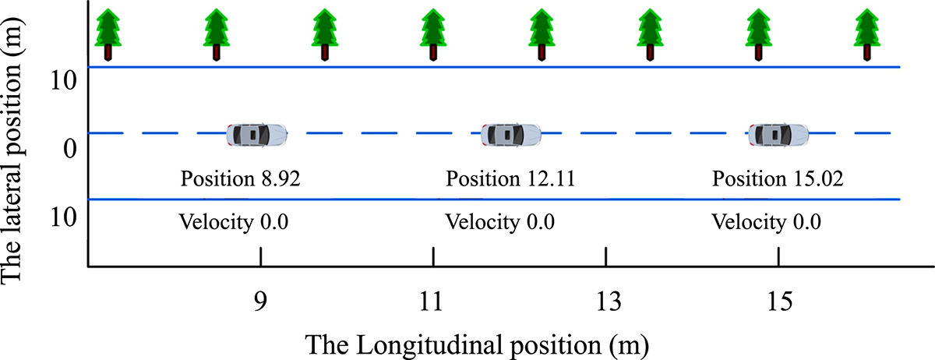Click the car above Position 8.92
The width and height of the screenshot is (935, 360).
(257, 135)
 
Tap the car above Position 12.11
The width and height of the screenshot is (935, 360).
(511, 135)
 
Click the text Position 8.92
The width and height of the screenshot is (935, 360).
(240, 179)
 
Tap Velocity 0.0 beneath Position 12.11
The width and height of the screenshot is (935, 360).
(499, 221)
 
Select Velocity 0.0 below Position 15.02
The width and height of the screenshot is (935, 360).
(766, 221)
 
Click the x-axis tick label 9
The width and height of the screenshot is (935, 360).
(261, 299)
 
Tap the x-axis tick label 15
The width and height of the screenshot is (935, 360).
(779, 299)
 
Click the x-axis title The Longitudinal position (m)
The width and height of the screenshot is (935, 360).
(476, 342)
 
